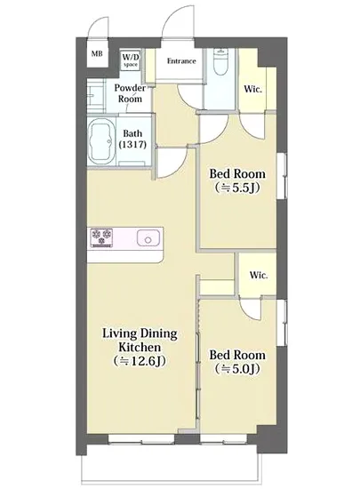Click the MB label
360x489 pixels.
click(97, 53)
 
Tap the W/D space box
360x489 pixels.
click(131, 60)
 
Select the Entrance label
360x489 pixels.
click(181, 61)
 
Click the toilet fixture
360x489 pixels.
click(221, 62)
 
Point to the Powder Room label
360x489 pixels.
click(130, 93)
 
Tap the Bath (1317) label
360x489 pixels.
click(132, 139)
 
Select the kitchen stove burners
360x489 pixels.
click(101, 237)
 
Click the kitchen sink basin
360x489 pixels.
click(148, 238)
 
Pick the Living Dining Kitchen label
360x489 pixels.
click(140, 341)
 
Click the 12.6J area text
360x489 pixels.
click(140, 361)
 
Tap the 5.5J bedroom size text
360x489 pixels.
click(237, 188)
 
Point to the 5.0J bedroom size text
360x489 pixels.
click(237, 369)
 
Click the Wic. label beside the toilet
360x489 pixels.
click(252, 89)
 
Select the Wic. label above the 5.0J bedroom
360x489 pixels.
click(259, 276)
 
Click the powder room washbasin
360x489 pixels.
click(95, 96)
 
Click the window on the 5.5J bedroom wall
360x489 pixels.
click(282, 176)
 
